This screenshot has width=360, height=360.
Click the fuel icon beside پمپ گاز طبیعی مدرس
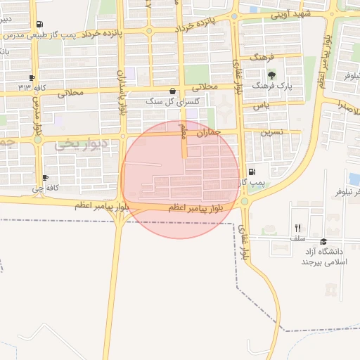coord(39,24)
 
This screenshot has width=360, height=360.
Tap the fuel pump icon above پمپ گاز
coord(252,172)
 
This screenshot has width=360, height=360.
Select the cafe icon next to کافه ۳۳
coord(32,77)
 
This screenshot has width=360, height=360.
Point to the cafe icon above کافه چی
coord(46,178)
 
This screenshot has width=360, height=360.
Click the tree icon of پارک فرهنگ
coord(271,75)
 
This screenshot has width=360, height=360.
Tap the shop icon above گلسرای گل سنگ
coord(173,91)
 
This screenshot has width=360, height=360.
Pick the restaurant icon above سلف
coord(298,228)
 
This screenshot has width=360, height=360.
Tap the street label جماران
coord(210,132)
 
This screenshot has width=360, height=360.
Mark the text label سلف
coord(298,238)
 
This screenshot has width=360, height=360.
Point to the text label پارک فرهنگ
coord(271,85)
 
